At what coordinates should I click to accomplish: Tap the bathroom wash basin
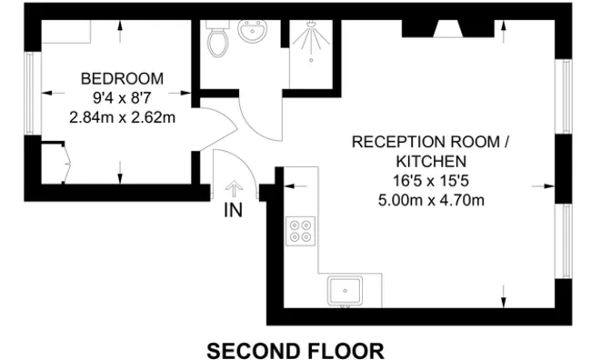pos(253,30)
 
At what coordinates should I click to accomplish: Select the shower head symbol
pos(311,25)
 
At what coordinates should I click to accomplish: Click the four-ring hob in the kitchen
pos(300,231)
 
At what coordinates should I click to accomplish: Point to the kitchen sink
pos(345,291)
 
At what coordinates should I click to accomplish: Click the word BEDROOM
pos(122,78)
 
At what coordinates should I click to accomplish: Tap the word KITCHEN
pos(431,162)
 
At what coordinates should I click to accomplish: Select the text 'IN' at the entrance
pos(234,210)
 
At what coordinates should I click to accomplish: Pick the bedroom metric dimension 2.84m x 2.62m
pos(122,117)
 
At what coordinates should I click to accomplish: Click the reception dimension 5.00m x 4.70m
pos(431,200)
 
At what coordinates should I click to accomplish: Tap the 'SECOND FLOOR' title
pos(295,350)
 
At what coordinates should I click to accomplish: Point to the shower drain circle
pos(311,60)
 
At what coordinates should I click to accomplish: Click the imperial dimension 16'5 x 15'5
pos(431,181)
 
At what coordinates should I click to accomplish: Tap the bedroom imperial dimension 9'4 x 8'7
pos(122,98)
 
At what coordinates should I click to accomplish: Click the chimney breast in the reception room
pos(448,29)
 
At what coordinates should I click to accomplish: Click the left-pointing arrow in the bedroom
pos(53,93)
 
